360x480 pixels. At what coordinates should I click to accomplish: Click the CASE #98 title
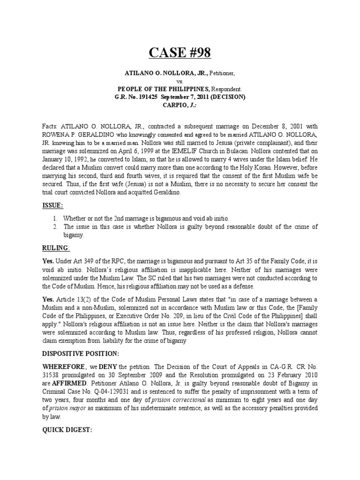pyautogui.click(x=180, y=53)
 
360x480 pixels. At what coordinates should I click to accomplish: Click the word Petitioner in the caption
pyautogui.click(x=225, y=74)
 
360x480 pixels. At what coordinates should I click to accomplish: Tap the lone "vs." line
pyautogui.click(x=180, y=81)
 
